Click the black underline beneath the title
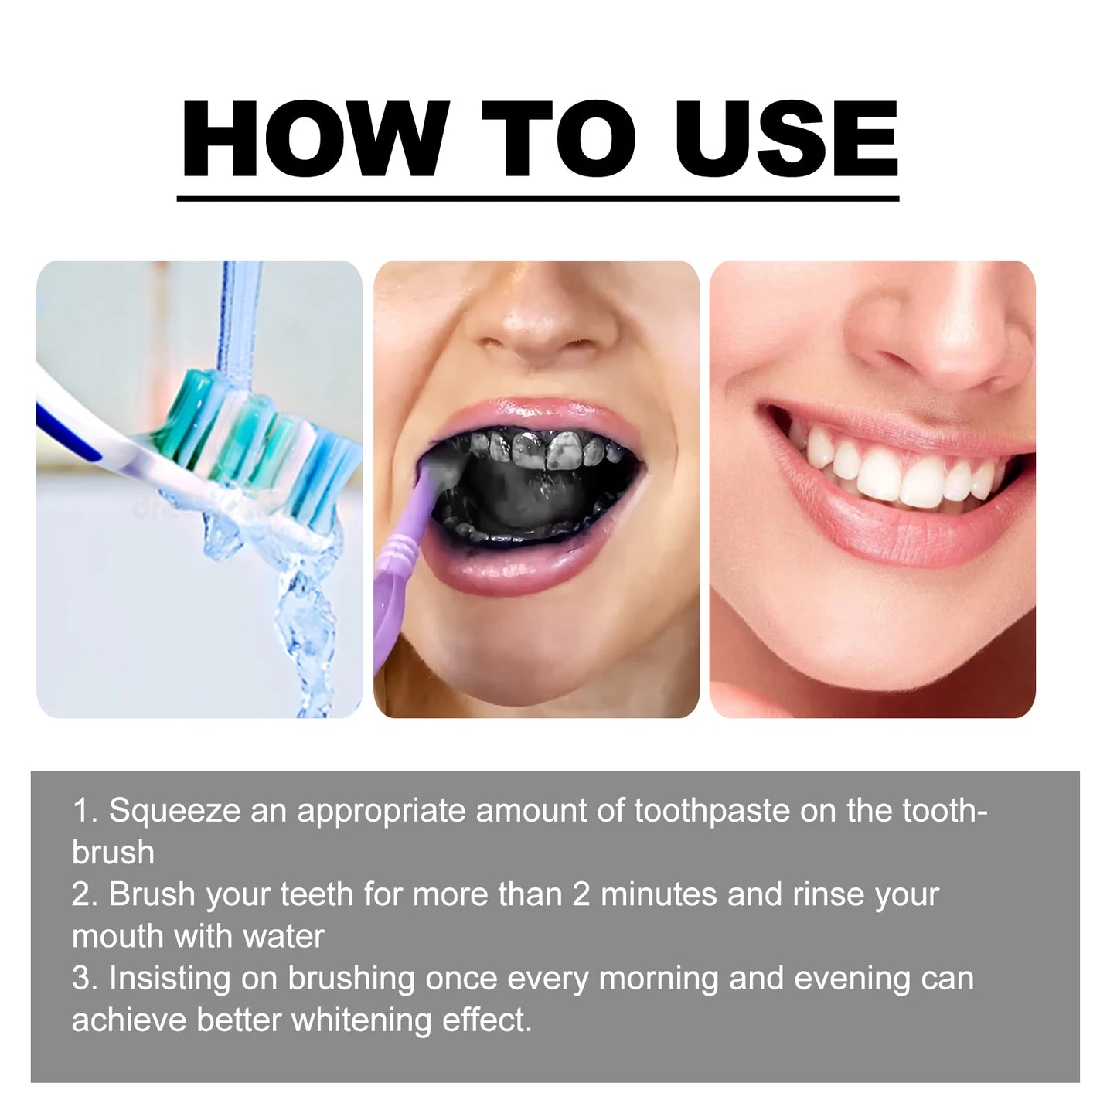click(x=538, y=199)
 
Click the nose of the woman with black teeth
click(x=541, y=317)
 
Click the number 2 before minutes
click(x=581, y=894)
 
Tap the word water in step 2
click(x=283, y=936)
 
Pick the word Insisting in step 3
click(x=169, y=978)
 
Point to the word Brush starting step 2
click(x=152, y=894)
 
